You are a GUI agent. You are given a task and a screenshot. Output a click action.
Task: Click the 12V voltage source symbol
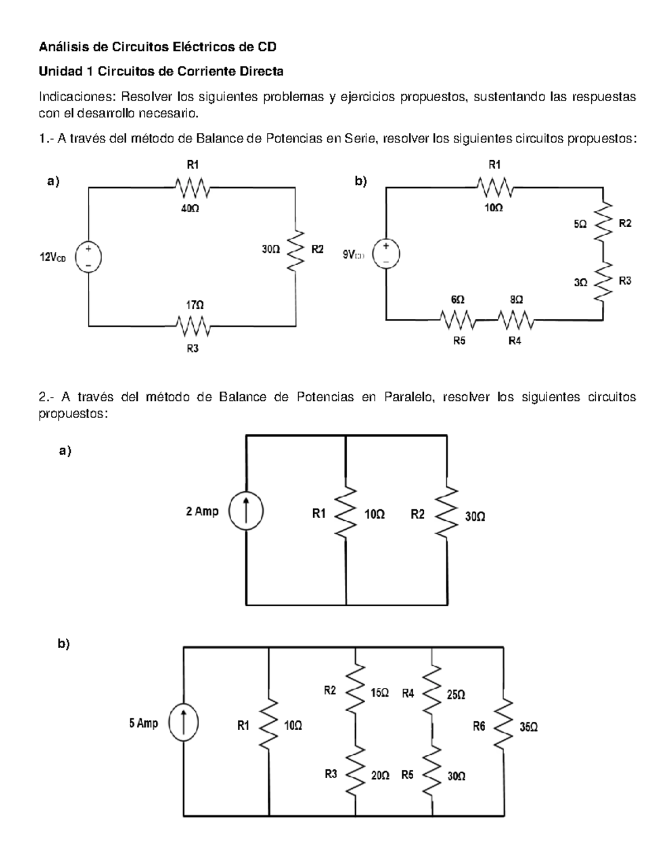tap(88, 257)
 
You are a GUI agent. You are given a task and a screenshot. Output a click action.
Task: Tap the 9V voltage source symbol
tap(386, 253)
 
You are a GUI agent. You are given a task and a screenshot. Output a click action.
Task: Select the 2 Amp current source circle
tap(246, 511)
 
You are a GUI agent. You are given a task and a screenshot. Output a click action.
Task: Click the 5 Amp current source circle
tap(184, 724)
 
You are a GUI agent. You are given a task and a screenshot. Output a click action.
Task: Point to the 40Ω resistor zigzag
tap(192, 188)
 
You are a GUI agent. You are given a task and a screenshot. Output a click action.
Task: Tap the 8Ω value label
tap(516, 300)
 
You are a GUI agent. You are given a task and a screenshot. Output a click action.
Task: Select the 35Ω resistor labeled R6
tap(504, 726)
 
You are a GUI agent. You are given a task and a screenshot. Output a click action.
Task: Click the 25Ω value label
tap(456, 694)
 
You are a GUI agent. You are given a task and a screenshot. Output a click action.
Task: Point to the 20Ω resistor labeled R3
tap(355, 773)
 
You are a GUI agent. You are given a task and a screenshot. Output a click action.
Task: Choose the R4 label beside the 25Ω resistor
tap(408, 693)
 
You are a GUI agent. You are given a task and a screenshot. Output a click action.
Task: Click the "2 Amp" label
tap(202, 511)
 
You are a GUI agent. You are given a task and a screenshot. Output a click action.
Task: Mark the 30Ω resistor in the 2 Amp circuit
tap(447, 514)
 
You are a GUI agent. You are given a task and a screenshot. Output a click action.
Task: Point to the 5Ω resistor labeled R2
tap(602, 223)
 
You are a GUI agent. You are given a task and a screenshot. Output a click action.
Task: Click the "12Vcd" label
tap(52, 258)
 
